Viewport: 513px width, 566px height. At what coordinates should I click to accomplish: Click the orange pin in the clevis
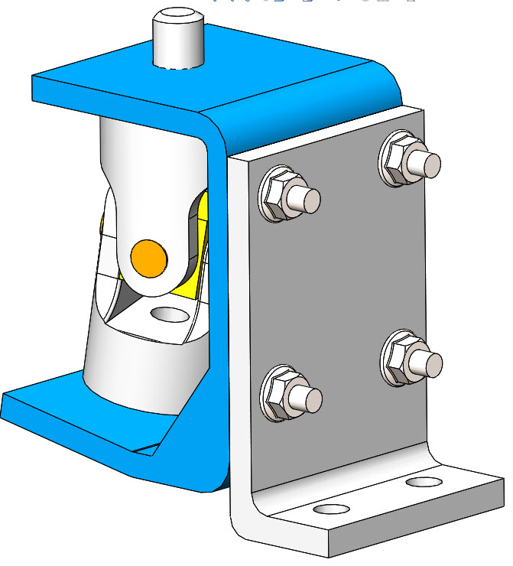point(148,257)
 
